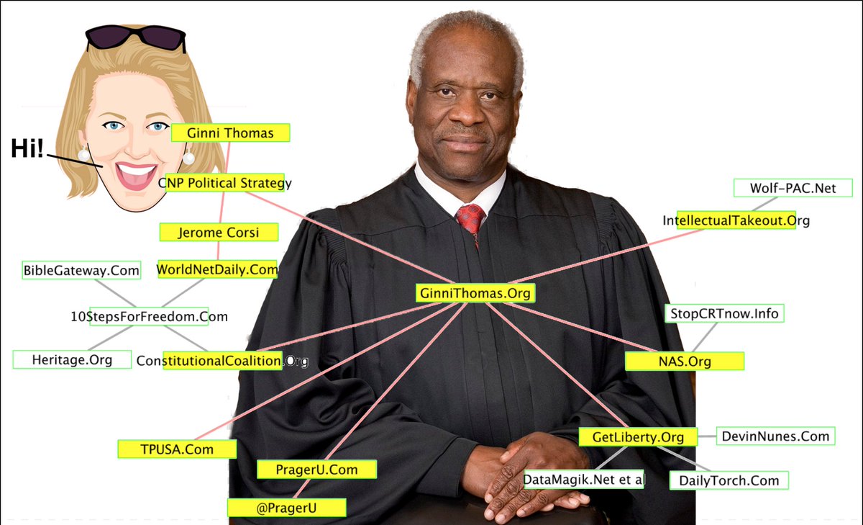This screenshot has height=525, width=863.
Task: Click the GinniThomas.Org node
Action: click(x=475, y=293)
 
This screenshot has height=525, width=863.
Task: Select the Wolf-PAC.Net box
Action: click(x=793, y=188)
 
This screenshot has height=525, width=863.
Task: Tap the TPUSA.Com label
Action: click(x=177, y=449)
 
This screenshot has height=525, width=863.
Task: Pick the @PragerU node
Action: click(x=287, y=508)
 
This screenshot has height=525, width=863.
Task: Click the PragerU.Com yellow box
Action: click(x=316, y=470)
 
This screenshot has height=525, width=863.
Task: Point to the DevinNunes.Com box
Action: click(x=775, y=436)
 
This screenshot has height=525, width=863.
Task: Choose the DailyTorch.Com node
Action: click(x=729, y=480)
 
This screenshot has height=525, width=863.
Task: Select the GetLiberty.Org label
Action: click(x=638, y=437)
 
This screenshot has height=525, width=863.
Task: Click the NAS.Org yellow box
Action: click(x=685, y=362)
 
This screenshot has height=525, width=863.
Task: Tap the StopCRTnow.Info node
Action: click(x=724, y=313)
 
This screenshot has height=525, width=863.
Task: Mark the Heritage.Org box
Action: click(x=72, y=359)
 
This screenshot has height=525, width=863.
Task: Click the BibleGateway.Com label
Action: click(x=81, y=270)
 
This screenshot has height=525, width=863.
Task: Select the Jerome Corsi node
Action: click(x=219, y=232)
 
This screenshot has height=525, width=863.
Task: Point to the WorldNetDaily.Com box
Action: click(x=217, y=269)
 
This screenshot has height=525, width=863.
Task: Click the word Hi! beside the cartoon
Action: click(x=27, y=148)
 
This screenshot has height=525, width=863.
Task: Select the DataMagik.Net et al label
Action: click(x=584, y=480)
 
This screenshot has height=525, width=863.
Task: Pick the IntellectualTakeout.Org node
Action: click(x=736, y=220)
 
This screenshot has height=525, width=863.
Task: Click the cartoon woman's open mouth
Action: click(x=136, y=176)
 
